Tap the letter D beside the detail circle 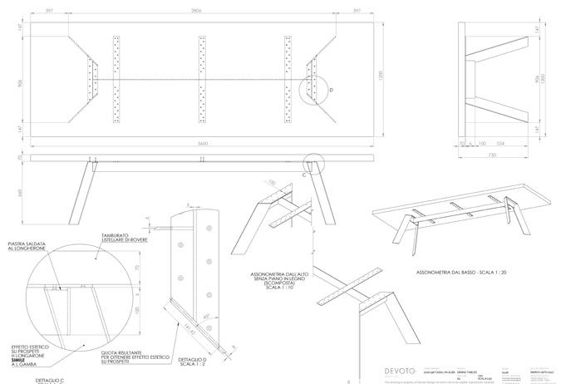(331, 88)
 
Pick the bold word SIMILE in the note (31, 350)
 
